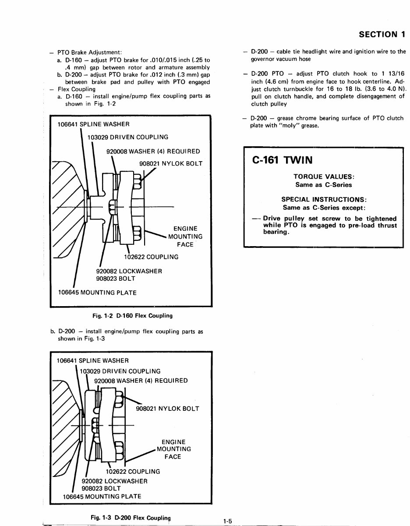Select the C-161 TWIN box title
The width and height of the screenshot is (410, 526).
point(283,160)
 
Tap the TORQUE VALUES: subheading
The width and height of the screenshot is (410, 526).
point(323,177)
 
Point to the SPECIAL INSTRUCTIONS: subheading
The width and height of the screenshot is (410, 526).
point(323,199)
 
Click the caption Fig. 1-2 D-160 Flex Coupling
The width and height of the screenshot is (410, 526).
point(131,315)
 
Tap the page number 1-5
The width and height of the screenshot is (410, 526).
point(227,521)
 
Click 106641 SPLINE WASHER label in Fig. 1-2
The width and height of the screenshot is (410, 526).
point(93,124)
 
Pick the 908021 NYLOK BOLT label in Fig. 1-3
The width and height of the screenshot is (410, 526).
point(167,409)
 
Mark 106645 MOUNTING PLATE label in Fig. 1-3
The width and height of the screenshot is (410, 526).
point(102,496)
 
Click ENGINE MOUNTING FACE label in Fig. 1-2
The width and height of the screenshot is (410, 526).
point(185,237)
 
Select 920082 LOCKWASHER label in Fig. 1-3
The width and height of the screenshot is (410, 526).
point(115,480)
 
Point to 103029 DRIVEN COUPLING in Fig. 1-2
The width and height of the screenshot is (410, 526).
point(127,137)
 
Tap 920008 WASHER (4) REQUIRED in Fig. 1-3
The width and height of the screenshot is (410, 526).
point(141,380)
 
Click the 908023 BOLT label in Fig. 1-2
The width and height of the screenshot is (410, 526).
point(116,278)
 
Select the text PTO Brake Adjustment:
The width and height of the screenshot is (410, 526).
point(90,52)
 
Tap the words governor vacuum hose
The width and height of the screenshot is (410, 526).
point(280,59)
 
